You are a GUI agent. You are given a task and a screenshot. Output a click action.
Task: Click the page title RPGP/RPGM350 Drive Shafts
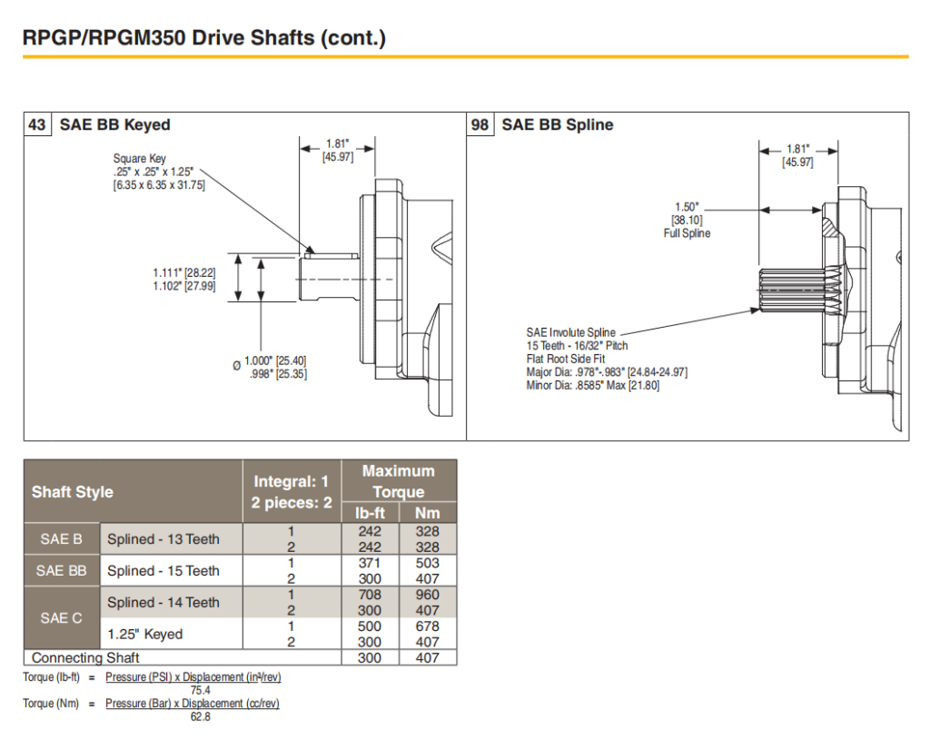[204, 38]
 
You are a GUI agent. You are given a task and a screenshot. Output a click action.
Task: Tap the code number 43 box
[37, 124]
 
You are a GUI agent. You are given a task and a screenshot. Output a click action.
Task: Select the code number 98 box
[480, 124]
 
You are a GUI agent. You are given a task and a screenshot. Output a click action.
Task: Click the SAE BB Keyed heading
[114, 124]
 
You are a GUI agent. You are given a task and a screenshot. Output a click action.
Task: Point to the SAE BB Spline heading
[557, 124]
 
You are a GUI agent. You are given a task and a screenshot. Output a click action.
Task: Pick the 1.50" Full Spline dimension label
[687, 220]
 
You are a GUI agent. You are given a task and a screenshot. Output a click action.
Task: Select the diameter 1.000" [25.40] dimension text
[276, 367]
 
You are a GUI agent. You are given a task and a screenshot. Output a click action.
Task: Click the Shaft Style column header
[73, 492]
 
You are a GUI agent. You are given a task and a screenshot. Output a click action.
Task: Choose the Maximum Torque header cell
[398, 481]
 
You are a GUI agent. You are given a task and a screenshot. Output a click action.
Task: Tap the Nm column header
[427, 514]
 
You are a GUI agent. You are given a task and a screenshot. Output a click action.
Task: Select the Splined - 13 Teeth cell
[163, 539]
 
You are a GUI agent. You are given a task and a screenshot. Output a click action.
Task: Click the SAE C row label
[61, 618]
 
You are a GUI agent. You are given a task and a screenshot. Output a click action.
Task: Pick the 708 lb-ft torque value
[369, 595]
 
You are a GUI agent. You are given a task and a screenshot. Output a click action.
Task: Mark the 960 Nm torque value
[427, 595]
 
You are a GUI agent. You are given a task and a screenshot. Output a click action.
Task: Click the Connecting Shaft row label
[85, 657]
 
